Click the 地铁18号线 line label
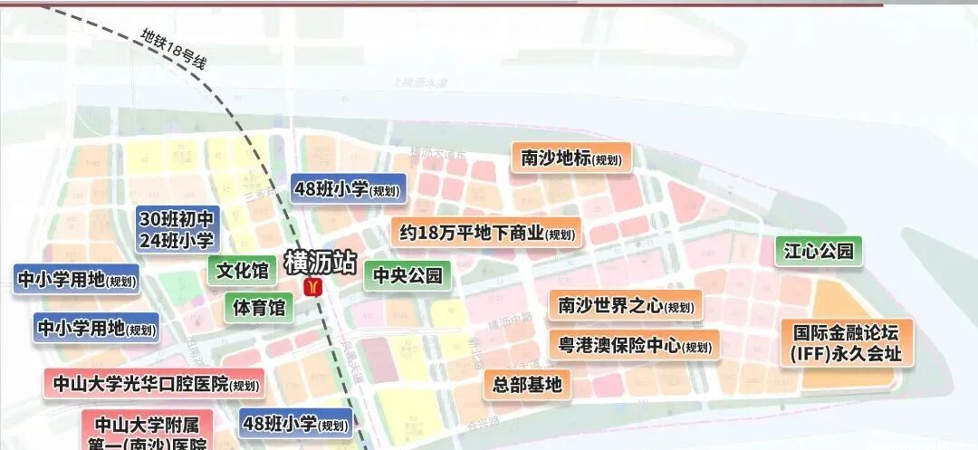(x=175, y=50)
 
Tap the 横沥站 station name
(x=320, y=262)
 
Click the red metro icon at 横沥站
(x=314, y=287)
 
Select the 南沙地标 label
(x=570, y=158)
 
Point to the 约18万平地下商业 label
(x=487, y=233)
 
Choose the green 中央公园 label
(x=407, y=274)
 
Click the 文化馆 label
(x=243, y=270)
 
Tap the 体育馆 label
(x=259, y=308)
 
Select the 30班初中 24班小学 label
(x=177, y=229)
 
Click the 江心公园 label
(x=819, y=251)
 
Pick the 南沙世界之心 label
(x=625, y=305)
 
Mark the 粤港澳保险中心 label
(x=633, y=346)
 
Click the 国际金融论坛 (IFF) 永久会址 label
(x=847, y=342)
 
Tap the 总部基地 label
(x=528, y=385)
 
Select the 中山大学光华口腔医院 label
(x=155, y=384)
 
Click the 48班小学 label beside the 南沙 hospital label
(x=295, y=423)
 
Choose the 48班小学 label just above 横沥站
(x=347, y=189)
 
